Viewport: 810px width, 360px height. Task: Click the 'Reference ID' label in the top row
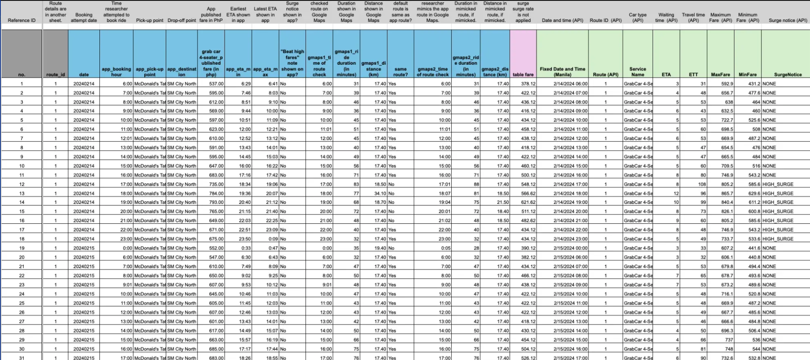click(22, 20)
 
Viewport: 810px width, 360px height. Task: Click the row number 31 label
click(22, 358)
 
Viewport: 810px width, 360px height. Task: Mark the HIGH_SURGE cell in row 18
click(778, 239)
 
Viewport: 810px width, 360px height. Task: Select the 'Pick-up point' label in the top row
click(149, 20)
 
